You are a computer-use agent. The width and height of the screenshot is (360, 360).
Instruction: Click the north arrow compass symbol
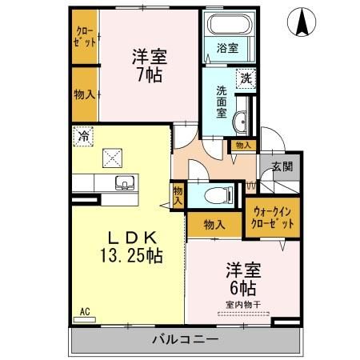tap(302, 22)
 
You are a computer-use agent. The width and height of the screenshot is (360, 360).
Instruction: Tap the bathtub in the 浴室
tap(230, 24)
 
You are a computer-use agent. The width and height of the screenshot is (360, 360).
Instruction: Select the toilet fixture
tap(218, 195)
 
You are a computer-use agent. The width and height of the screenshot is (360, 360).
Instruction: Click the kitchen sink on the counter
tap(125, 182)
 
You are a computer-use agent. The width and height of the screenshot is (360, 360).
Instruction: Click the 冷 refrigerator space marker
tap(83, 137)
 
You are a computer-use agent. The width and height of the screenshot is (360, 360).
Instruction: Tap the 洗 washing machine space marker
tap(246, 78)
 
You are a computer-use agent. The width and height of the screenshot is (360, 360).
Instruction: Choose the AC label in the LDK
tap(85, 311)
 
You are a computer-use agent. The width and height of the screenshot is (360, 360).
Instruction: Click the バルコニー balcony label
tap(185, 339)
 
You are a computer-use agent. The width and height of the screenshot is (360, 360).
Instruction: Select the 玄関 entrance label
tap(282, 166)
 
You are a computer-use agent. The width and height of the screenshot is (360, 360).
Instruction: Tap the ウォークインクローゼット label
tap(272, 218)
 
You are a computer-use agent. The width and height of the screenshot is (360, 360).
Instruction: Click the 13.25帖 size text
tap(131, 256)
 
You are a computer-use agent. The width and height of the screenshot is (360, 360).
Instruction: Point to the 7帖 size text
tap(150, 75)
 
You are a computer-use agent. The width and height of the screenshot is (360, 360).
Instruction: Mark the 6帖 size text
tap(243, 288)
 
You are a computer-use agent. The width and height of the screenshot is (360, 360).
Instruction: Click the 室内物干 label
tap(243, 305)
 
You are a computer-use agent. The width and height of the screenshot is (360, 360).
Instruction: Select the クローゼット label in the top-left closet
tap(85, 37)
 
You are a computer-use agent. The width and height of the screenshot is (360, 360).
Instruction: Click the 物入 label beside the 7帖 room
tap(84, 94)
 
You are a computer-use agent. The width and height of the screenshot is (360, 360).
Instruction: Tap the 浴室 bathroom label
tap(227, 48)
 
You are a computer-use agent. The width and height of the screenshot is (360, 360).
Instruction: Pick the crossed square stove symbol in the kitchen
tap(112, 158)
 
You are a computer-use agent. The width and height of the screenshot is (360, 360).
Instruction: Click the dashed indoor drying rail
tap(243, 314)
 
